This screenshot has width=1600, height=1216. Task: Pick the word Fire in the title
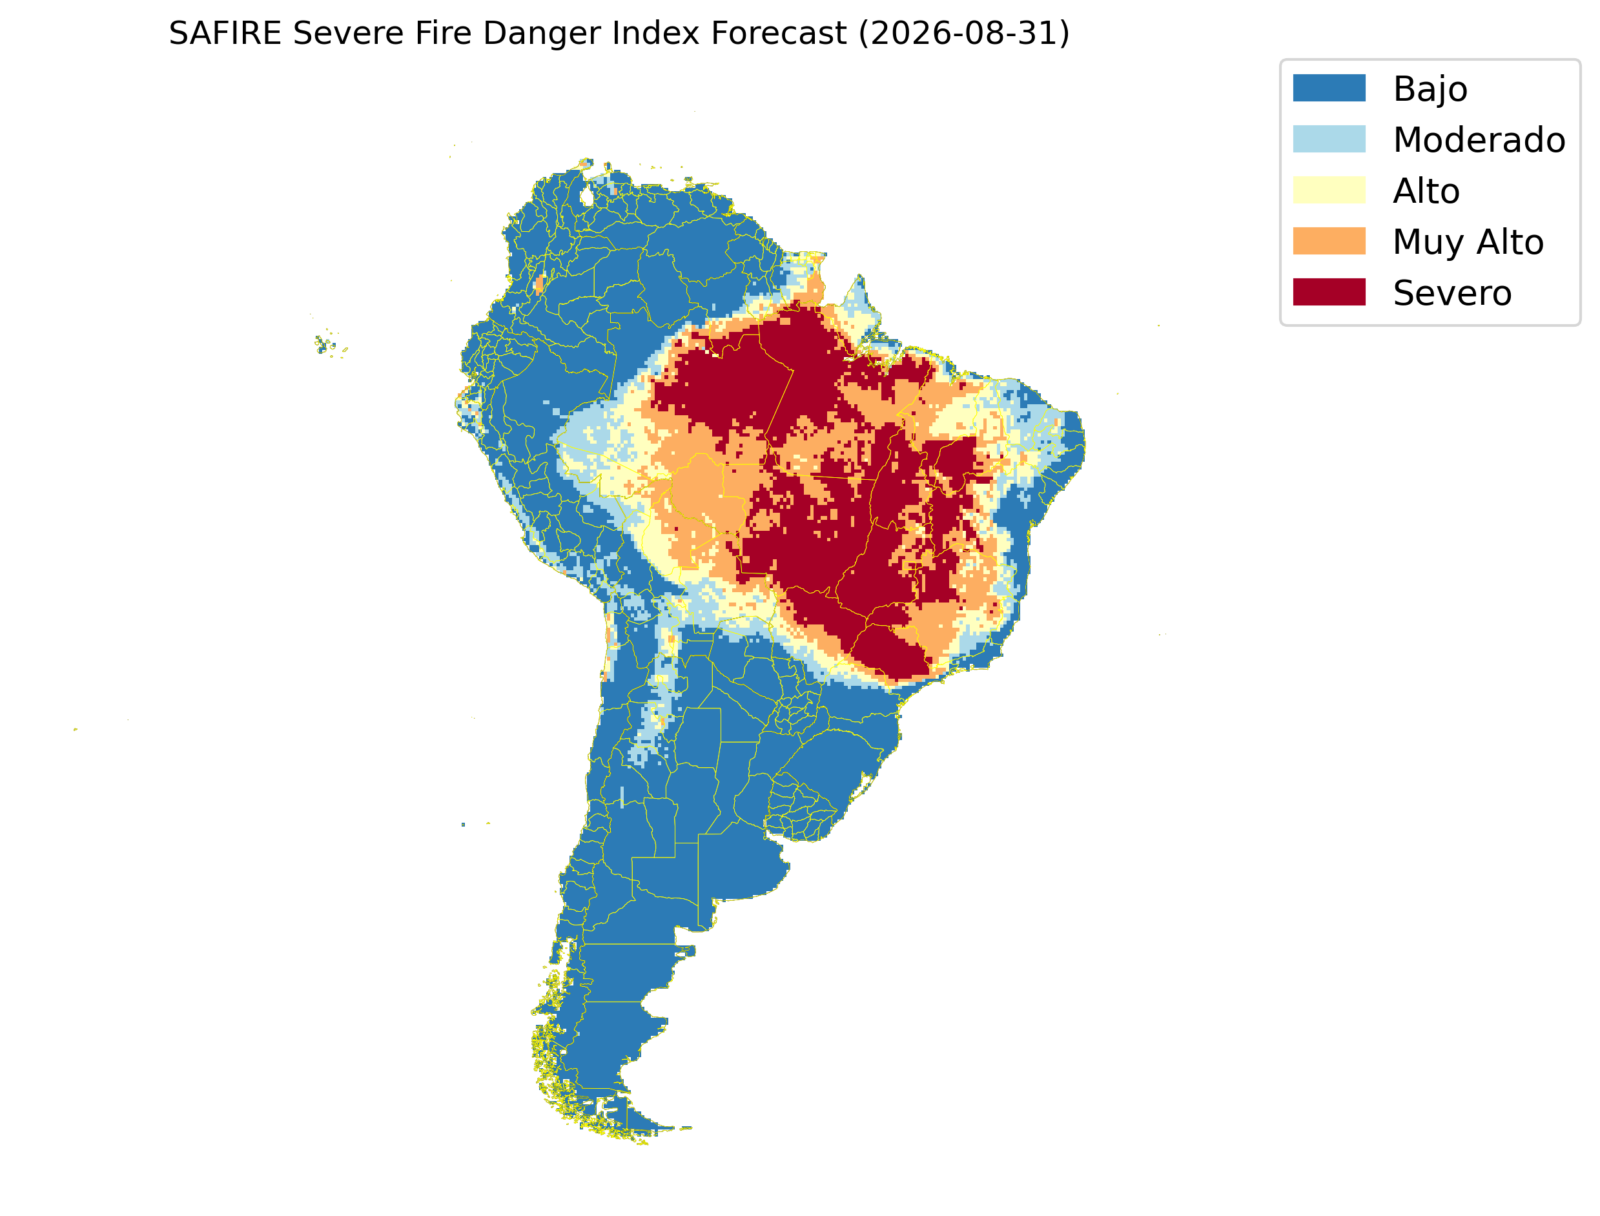click(443, 34)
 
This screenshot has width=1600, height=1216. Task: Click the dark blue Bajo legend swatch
click(1329, 88)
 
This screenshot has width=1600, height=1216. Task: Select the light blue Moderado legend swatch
click(1329, 139)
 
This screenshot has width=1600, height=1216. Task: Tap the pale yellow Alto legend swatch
click(1329, 191)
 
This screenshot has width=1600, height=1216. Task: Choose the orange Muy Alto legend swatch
click(1329, 241)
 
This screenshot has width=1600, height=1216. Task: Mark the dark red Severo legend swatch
click(1329, 293)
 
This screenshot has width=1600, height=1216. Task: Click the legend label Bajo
click(1430, 90)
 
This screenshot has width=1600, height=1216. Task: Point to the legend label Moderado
click(1479, 139)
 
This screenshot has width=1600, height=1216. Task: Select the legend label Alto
click(1426, 191)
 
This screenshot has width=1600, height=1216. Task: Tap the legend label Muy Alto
click(1468, 242)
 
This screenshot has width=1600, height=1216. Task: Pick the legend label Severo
click(1452, 293)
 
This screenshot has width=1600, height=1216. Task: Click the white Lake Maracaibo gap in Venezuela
click(586, 196)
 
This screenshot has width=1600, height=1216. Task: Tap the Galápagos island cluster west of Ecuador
click(329, 345)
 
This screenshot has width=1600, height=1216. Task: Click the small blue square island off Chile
click(463, 825)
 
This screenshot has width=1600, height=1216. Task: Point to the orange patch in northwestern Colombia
click(538, 283)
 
